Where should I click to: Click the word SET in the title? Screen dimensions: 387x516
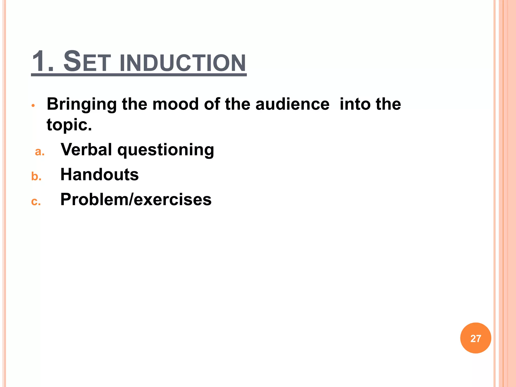click(87, 62)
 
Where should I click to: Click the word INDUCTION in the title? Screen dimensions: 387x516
click(183, 63)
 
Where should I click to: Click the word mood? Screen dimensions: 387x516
click(176, 104)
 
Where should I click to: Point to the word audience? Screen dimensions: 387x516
click(292, 104)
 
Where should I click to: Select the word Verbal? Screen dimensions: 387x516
click(86, 149)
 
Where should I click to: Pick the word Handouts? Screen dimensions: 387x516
click(100, 174)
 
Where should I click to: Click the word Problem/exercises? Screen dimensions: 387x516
click(136, 200)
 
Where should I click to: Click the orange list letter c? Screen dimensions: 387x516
click(36, 202)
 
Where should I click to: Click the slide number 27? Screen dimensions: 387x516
click(476, 339)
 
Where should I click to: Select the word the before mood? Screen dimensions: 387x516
click(135, 104)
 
